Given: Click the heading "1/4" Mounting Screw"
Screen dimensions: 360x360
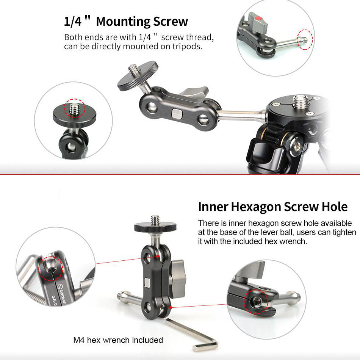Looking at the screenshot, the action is pyautogui.click(x=126, y=21).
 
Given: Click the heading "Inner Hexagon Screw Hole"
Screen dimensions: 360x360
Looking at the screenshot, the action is pyautogui.click(x=273, y=207).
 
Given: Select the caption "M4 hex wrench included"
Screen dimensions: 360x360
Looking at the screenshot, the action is pyautogui.click(x=118, y=340).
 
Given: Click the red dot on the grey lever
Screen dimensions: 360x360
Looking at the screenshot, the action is pyautogui.click(x=258, y=18).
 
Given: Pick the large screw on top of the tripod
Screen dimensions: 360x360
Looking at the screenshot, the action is pyautogui.click(x=301, y=102).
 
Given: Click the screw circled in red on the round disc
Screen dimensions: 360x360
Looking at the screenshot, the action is pyautogui.click(x=74, y=108).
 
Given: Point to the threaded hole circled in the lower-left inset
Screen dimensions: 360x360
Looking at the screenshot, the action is pyautogui.click(x=50, y=267).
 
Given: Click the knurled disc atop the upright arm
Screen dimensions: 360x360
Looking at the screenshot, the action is pyautogui.click(x=155, y=227).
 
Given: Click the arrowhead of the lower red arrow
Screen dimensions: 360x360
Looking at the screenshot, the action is pyautogui.click(x=170, y=307).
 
